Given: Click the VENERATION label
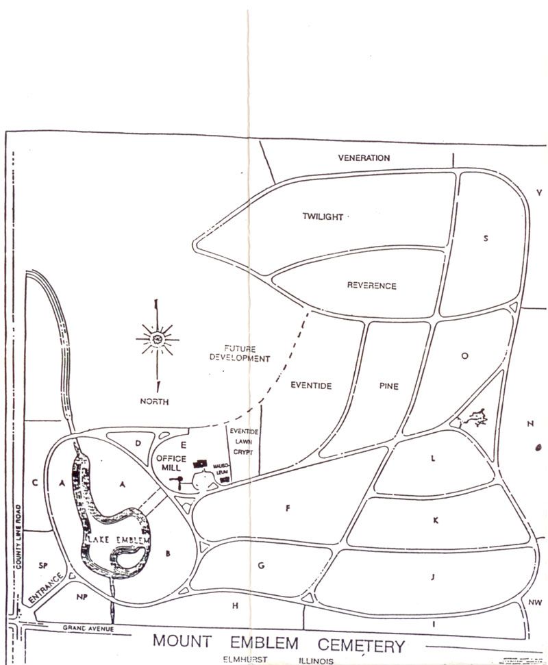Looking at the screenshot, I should pyautogui.click(x=364, y=158).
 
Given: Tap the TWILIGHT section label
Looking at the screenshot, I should pyautogui.click(x=323, y=217).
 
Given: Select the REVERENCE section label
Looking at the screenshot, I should pyautogui.click(x=371, y=286).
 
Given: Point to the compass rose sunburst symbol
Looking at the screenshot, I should pyautogui.click(x=158, y=338).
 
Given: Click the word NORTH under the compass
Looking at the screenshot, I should pyautogui.click(x=154, y=402).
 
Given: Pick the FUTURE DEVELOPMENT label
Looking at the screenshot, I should pyautogui.click(x=240, y=353).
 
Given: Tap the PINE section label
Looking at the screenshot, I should pyautogui.click(x=388, y=386).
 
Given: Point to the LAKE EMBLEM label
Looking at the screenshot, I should pyautogui.click(x=119, y=541).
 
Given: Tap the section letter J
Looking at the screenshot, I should pyautogui.click(x=433, y=577).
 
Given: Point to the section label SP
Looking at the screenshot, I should pyautogui.click(x=43, y=566).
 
